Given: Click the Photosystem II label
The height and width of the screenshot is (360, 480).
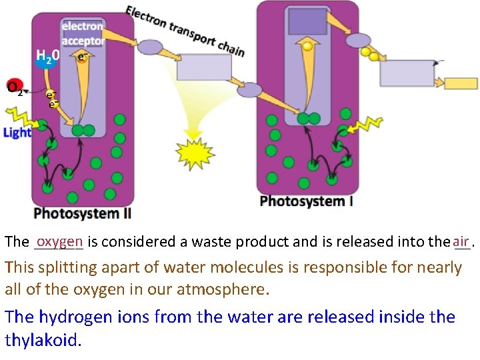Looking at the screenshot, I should [x=82, y=213].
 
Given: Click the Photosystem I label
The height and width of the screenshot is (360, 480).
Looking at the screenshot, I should [x=306, y=201].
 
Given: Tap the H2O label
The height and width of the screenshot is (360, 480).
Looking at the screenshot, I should [x=47, y=57].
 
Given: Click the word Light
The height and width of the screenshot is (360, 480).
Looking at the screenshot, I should [x=17, y=132].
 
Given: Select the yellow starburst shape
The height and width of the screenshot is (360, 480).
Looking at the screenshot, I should [x=195, y=155].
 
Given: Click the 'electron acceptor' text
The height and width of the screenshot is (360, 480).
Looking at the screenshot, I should [x=83, y=33].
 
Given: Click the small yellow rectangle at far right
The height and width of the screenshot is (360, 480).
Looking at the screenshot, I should [x=461, y=83].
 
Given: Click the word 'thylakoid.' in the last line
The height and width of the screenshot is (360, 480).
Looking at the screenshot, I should [x=43, y=341].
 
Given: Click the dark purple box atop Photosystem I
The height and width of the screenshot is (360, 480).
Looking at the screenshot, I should [x=307, y=22].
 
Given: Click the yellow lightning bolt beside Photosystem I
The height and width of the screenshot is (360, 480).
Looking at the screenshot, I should [x=366, y=125].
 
